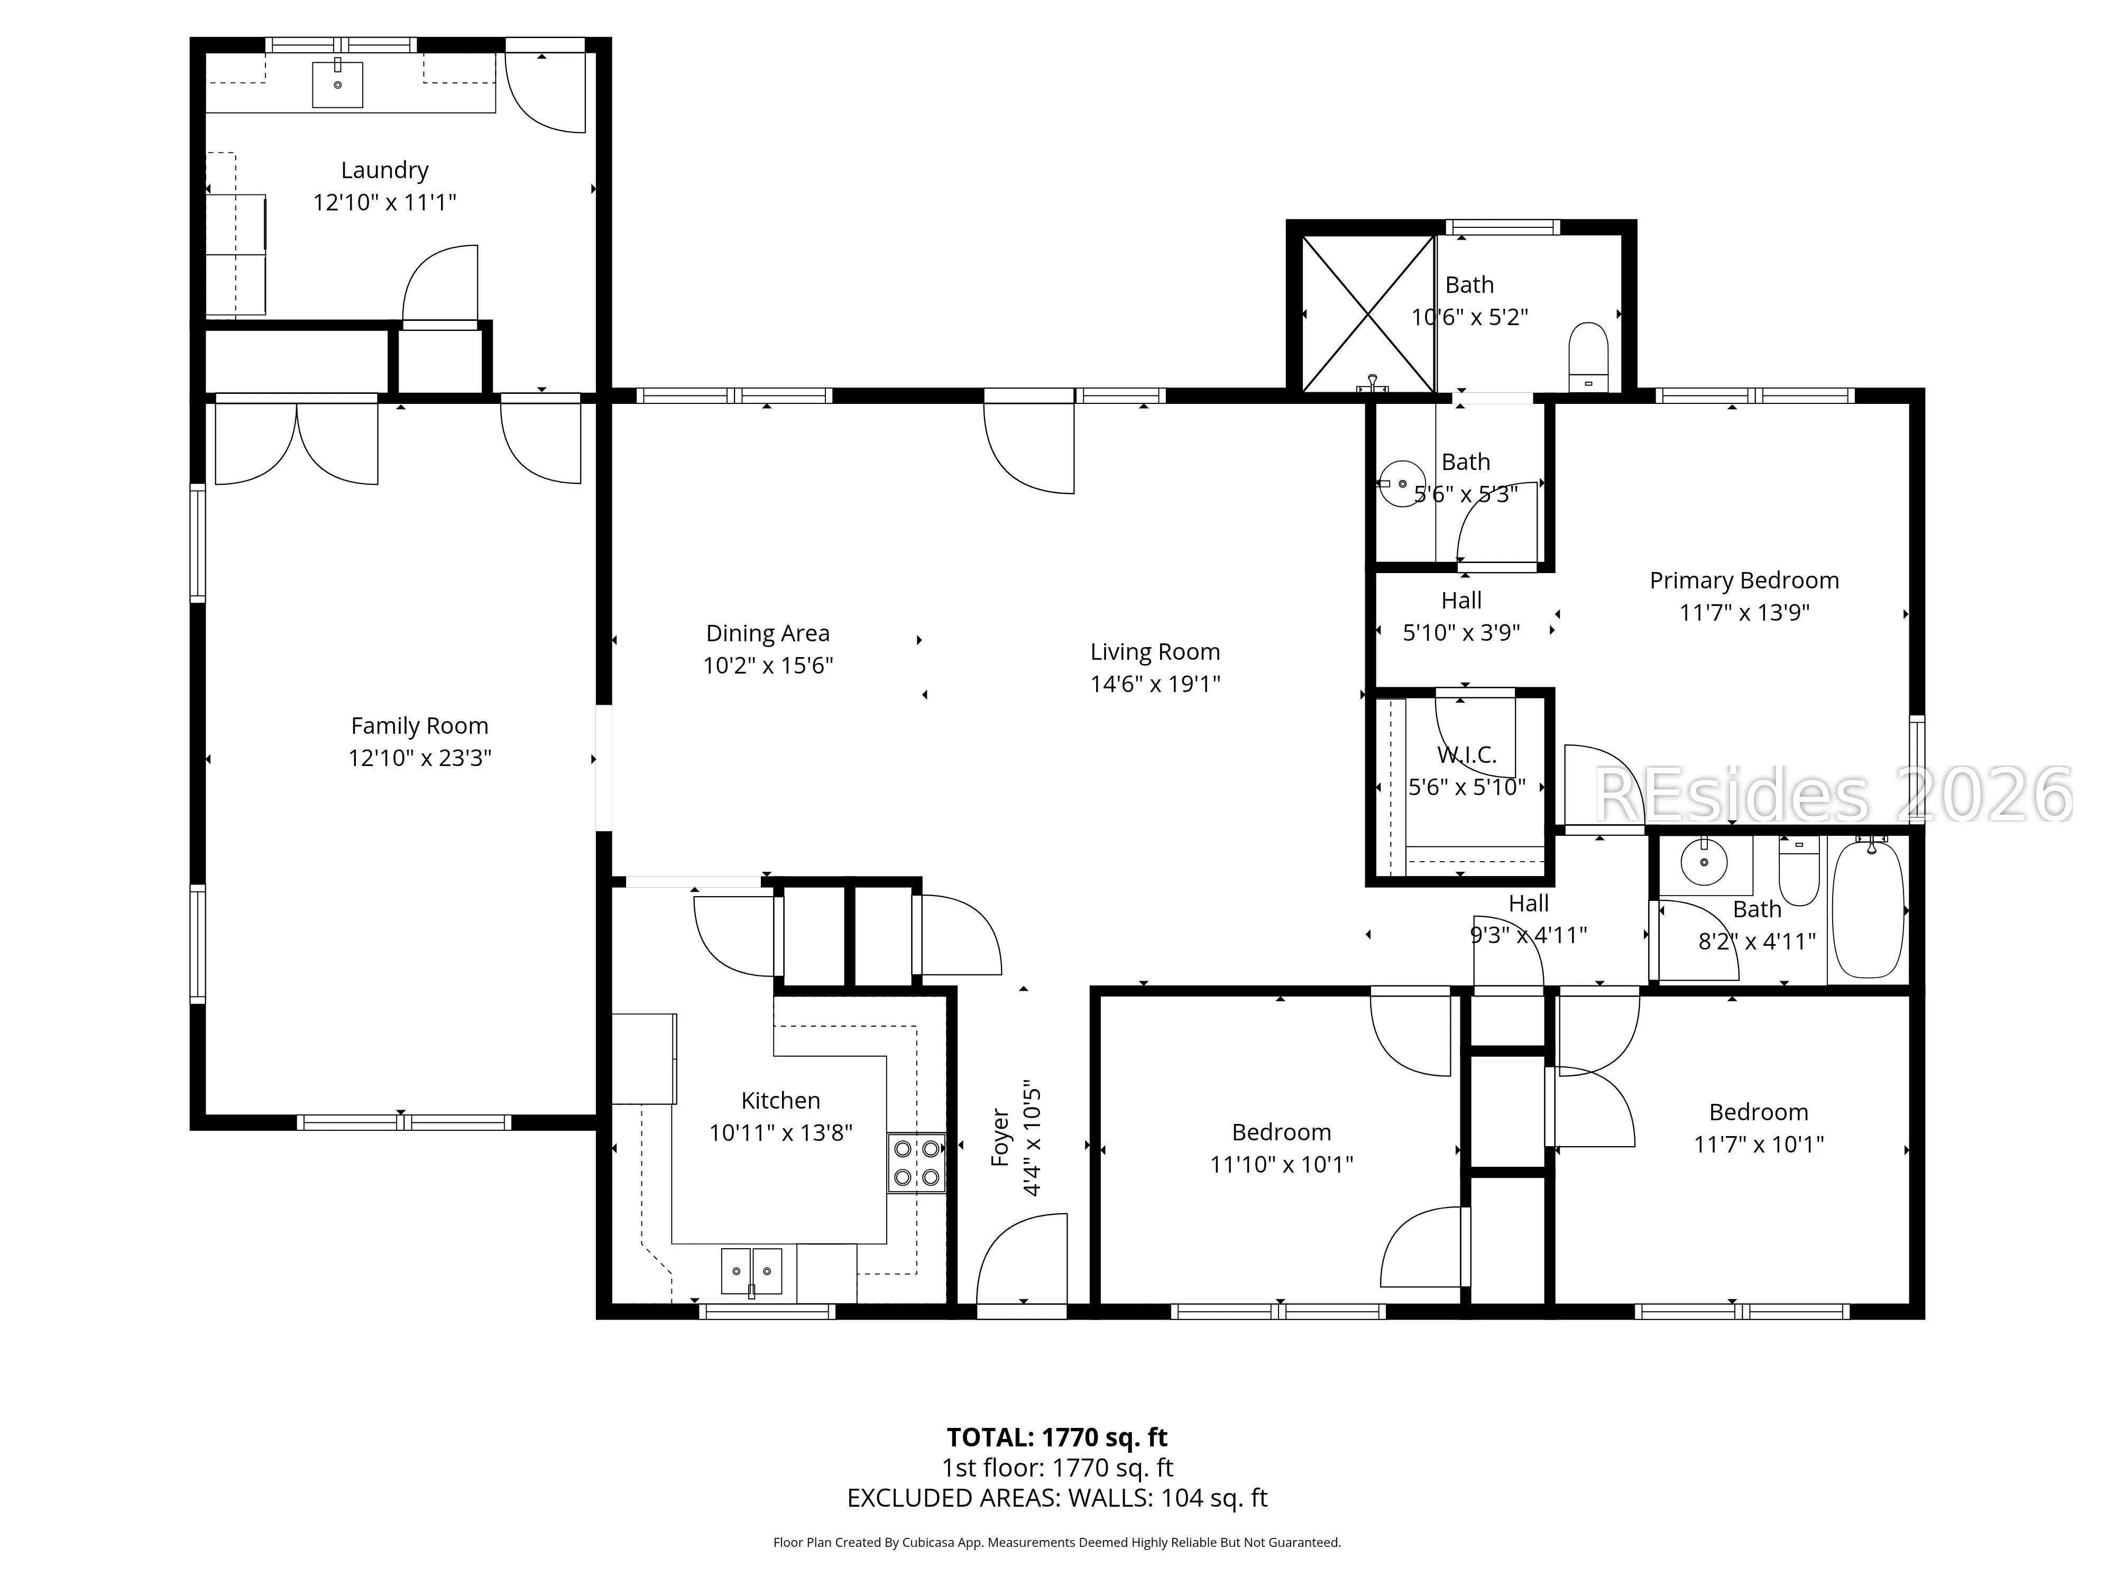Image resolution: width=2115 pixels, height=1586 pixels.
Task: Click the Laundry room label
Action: (x=384, y=170)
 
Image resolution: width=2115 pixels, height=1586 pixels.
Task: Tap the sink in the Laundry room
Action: (x=337, y=84)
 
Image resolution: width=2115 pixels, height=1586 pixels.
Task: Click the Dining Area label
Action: (x=768, y=633)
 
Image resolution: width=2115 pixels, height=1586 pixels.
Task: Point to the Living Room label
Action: (x=1155, y=652)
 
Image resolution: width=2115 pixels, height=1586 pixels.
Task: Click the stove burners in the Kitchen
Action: (x=916, y=1163)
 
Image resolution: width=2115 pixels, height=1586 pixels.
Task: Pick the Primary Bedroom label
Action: (x=1744, y=580)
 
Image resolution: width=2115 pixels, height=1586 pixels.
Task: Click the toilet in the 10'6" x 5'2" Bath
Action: (x=1589, y=357)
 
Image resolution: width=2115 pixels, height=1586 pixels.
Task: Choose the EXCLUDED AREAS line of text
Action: (x=1056, y=1498)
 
